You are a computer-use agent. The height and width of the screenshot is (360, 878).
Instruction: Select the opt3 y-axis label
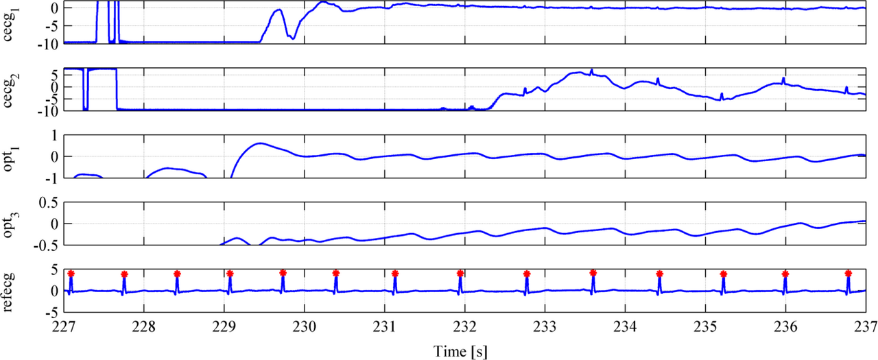[x=12, y=224]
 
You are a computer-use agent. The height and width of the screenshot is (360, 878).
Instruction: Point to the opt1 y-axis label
[x=12, y=157]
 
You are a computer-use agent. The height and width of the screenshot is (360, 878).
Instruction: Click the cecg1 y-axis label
[x=12, y=22]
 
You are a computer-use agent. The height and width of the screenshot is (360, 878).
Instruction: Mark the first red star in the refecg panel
[x=71, y=274]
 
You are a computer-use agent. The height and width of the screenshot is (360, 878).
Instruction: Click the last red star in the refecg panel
[x=848, y=273]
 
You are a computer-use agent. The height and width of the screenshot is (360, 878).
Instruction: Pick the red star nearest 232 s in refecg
[x=460, y=274]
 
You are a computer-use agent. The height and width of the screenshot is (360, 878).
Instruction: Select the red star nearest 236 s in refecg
[x=785, y=274]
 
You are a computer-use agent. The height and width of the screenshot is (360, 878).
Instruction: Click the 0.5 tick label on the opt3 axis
[x=49, y=202]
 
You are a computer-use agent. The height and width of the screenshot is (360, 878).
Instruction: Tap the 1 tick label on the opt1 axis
[x=55, y=135]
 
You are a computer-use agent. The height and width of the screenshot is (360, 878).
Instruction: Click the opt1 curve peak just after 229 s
[x=259, y=143]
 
